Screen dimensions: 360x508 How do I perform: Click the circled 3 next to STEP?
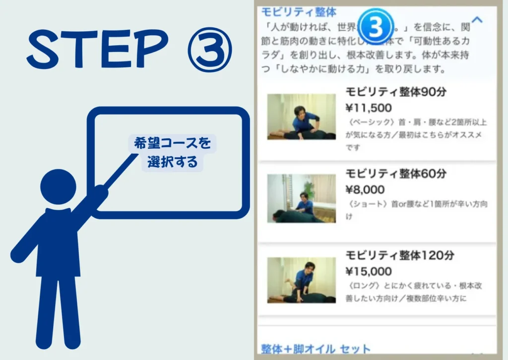(209, 51)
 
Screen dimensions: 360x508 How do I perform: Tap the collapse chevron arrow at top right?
(477, 20)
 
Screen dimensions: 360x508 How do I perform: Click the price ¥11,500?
(369, 108)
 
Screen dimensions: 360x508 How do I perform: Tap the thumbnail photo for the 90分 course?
(301, 117)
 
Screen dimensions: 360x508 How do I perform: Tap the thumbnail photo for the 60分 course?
(301, 198)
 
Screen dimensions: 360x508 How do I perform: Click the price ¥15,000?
(369, 271)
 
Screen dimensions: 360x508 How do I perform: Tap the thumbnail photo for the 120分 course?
(301, 280)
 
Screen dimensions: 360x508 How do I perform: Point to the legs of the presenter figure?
(58, 307)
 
